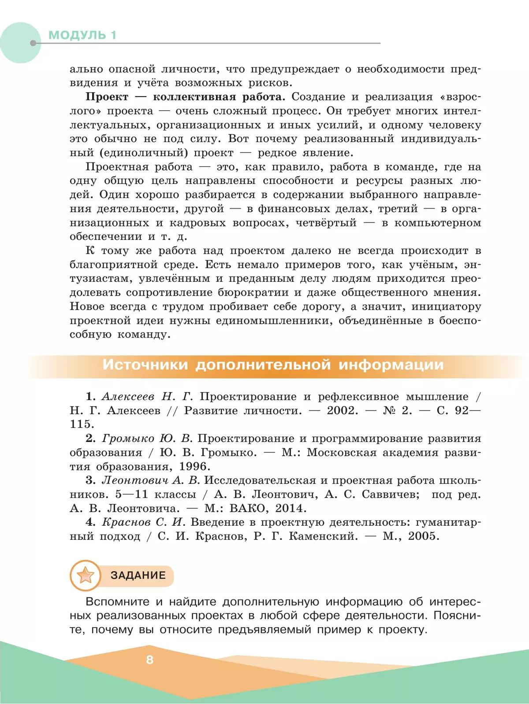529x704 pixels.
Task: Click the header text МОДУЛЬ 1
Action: [82, 35]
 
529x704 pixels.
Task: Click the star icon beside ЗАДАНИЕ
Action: [86, 575]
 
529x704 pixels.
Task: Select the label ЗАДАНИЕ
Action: [138, 575]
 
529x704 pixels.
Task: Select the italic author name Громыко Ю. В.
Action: [147, 438]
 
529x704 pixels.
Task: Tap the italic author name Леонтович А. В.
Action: [151, 480]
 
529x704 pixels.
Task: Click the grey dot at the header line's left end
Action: [33, 43]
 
